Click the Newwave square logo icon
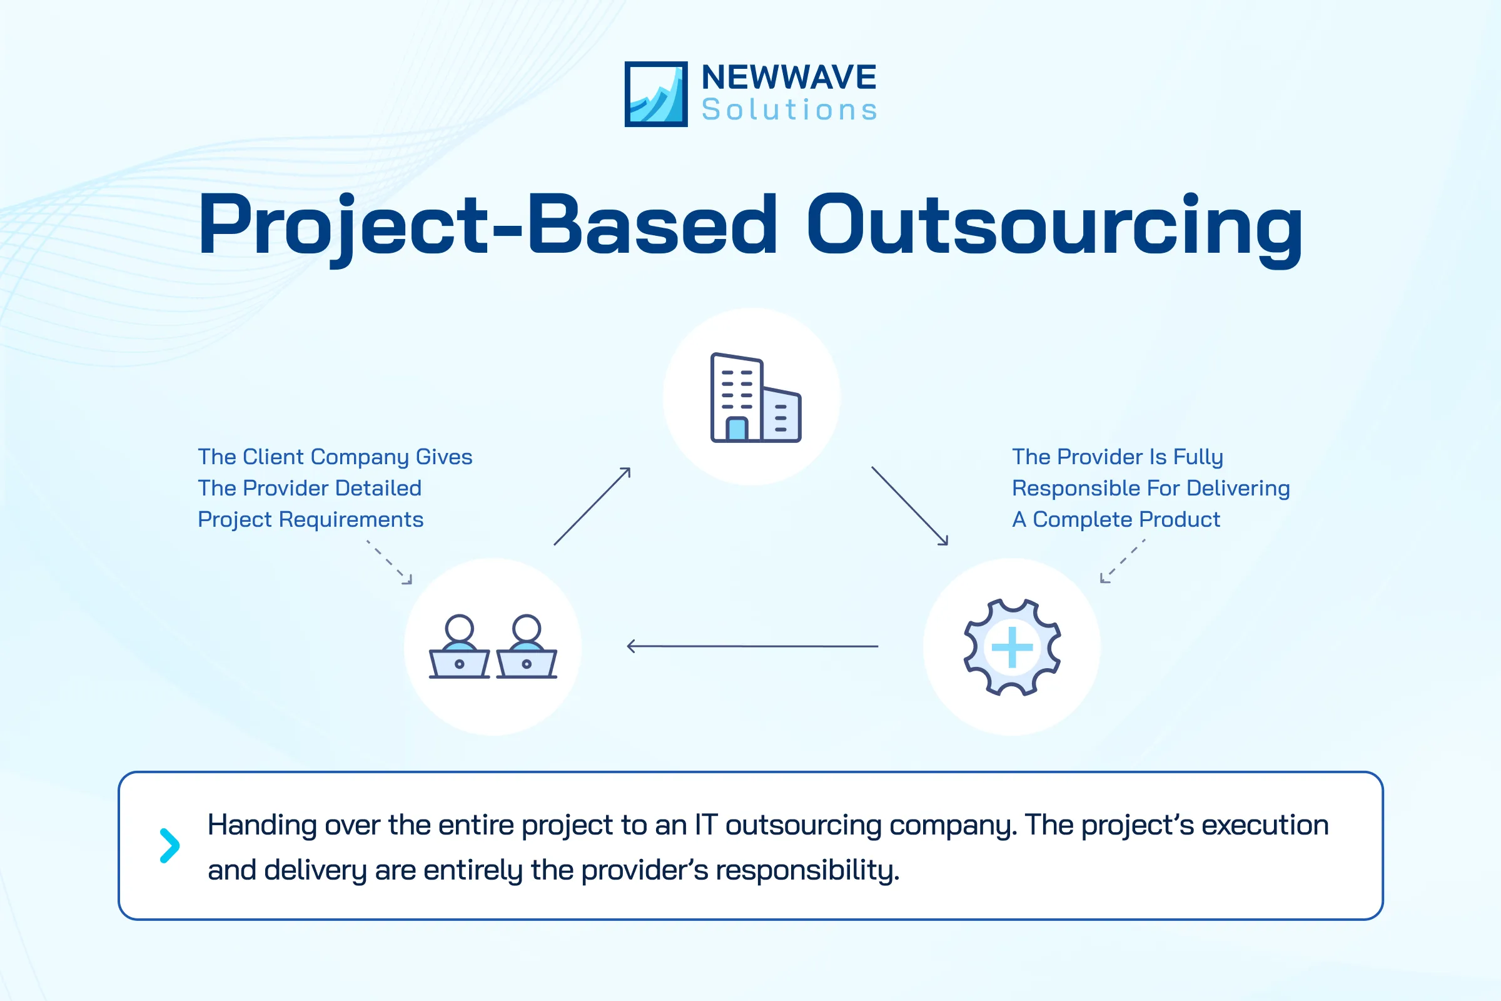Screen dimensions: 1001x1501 tap(655, 94)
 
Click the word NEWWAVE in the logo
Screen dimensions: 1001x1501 tap(789, 78)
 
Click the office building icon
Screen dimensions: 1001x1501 tap(755, 397)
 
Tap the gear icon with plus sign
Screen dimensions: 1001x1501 tap(1011, 647)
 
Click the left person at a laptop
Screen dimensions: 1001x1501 tap(460, 647)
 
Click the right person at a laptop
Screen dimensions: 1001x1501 tap(527, 647)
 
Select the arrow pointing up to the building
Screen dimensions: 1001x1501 tap(592, 506)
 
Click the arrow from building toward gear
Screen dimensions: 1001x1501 tap(909, 506)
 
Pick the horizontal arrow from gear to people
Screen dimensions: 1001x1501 tap(753, 646)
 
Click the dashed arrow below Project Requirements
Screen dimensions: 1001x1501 tap(390, 562)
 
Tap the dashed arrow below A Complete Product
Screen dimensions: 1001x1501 tap(1122, 561)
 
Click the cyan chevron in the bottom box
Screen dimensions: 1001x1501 tap(169, 846)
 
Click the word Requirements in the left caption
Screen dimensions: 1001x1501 tap(351, 520)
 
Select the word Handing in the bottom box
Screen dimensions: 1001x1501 tap(262, 825)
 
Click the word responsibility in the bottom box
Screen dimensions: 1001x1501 tap(807, 870)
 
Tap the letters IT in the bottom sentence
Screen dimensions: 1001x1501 tap(706, 825)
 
